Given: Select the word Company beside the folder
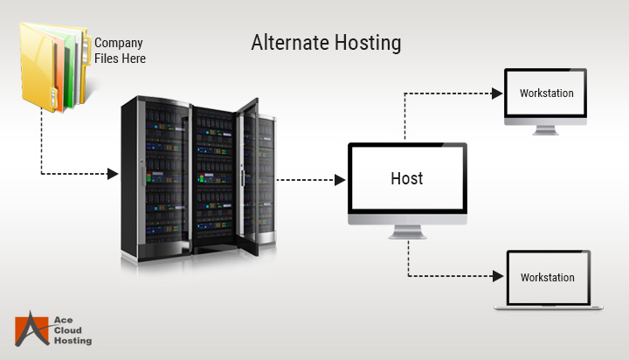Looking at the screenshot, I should click(118, 42).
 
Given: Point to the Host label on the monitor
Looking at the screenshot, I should click(406, 178).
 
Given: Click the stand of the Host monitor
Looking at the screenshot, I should click(407, 233).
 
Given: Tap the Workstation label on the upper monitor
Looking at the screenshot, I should click(546, 93).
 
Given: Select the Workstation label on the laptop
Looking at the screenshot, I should click(548, 277).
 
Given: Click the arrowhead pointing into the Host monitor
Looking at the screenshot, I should click(340, 180).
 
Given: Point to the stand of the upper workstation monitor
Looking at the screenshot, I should click(546, 129).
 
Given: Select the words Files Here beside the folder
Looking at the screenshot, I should click(120, 59).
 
